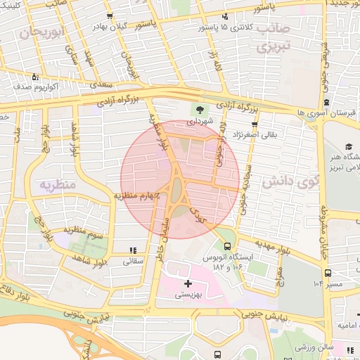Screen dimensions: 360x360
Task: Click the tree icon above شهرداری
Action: (x=200, y=110)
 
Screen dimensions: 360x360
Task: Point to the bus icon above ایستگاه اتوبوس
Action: (x=226, y=246)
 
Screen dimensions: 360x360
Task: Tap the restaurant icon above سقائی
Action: (x=133, y=250)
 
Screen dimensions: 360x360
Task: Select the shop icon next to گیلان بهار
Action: (x=109, y=15)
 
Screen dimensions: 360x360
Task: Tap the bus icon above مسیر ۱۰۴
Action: (x=327, y=273)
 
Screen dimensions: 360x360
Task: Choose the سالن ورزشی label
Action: (x=313, y=347)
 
